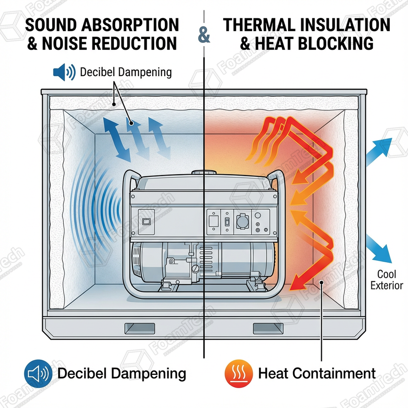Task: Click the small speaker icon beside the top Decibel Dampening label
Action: (x=64, y=72)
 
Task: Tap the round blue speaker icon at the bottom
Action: (x=37, y=374)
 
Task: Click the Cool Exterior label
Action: (x=386, y=279)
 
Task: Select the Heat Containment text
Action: (x=317, y=374)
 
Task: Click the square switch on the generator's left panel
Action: (x=147, y=221)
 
